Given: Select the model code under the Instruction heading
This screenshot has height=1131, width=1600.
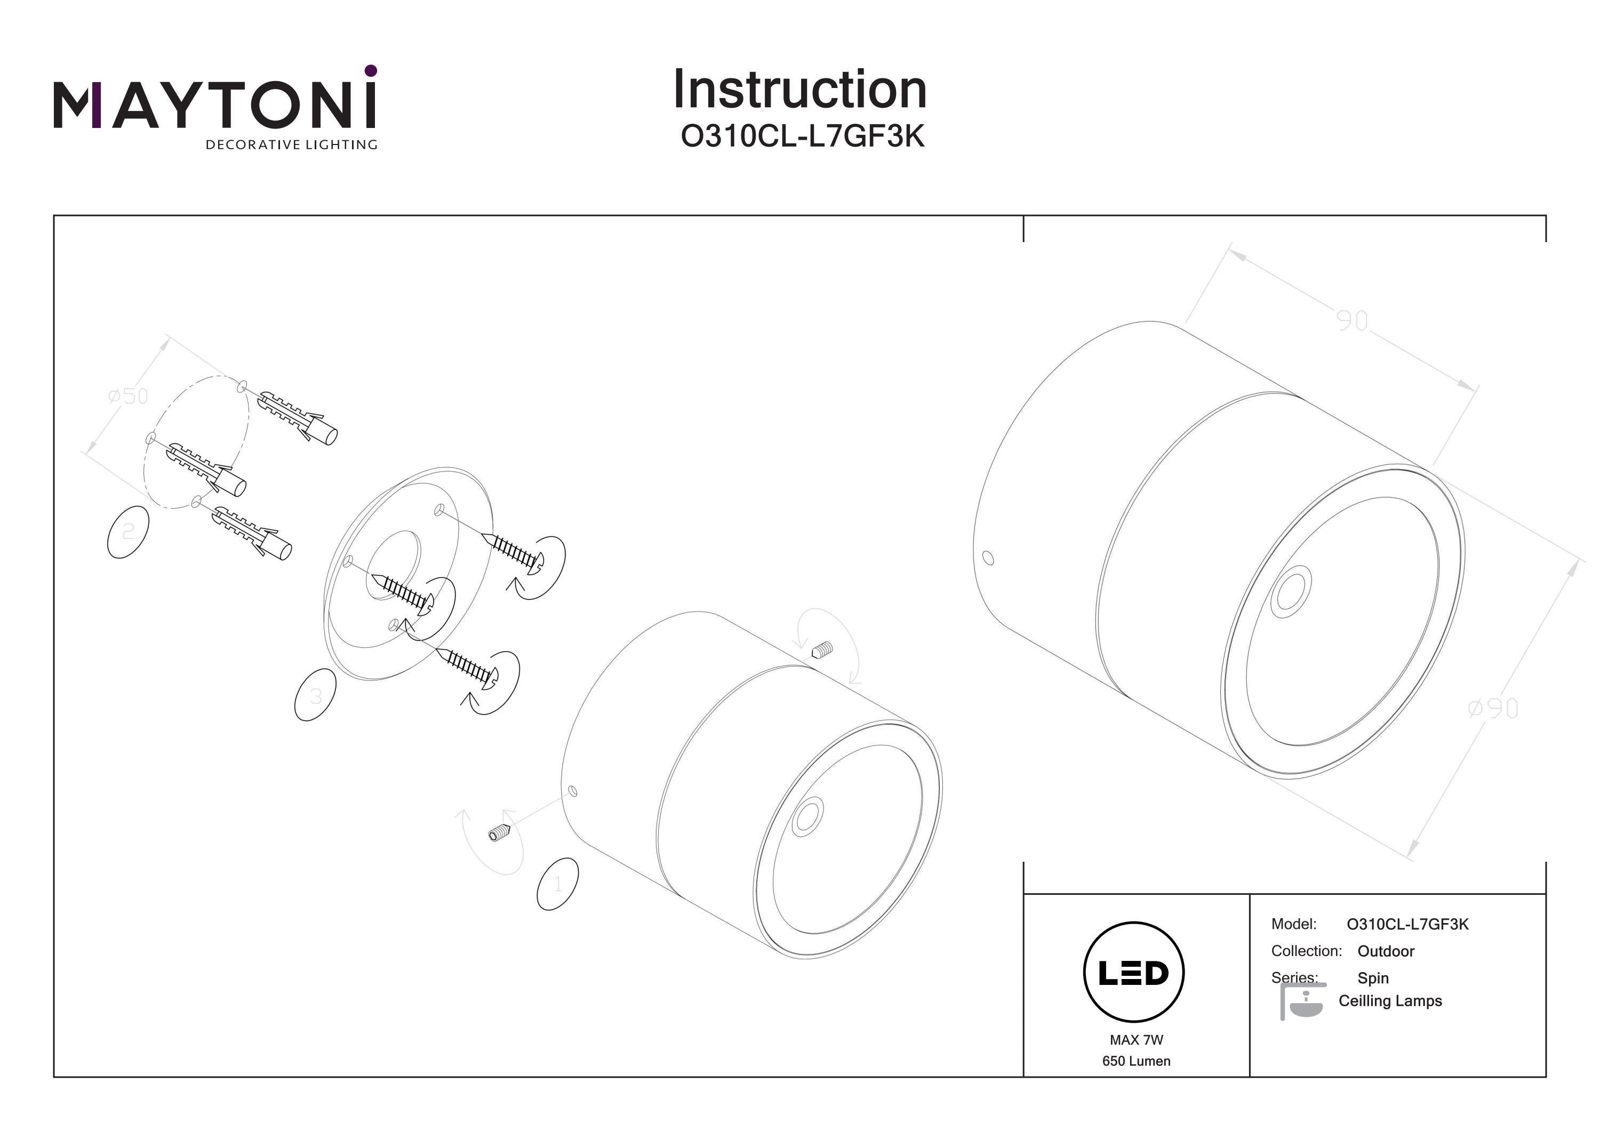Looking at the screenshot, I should [802, 137].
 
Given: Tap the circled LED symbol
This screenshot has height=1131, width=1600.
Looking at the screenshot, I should [1134, 972].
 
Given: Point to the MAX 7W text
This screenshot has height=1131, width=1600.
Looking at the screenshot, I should [1136, 1040].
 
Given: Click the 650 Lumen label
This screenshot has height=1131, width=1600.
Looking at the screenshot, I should [1136, 1061].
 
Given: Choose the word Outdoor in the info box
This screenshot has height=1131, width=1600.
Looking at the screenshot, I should [1386, 951].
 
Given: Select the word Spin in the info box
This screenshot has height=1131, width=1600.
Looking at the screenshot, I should [1373, 978].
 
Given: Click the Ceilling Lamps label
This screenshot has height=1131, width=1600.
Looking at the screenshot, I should [1389, 1001].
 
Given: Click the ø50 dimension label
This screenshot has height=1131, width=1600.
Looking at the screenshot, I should [129, 397].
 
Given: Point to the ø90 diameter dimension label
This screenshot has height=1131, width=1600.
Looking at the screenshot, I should [1492, 709].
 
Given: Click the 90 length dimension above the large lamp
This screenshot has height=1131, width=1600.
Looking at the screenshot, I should [1352, 320].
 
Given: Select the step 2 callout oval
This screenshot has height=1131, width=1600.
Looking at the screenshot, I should [128, 532].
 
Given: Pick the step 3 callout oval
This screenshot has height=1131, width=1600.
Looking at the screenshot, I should [316, 695].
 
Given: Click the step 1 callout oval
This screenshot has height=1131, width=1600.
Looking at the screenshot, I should [557, 884].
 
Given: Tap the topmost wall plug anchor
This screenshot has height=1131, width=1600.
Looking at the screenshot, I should [298, 418].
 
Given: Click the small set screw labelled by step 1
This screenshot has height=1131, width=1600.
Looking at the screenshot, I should [500, 832].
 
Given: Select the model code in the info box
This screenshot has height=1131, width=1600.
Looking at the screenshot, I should [1407, 924].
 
